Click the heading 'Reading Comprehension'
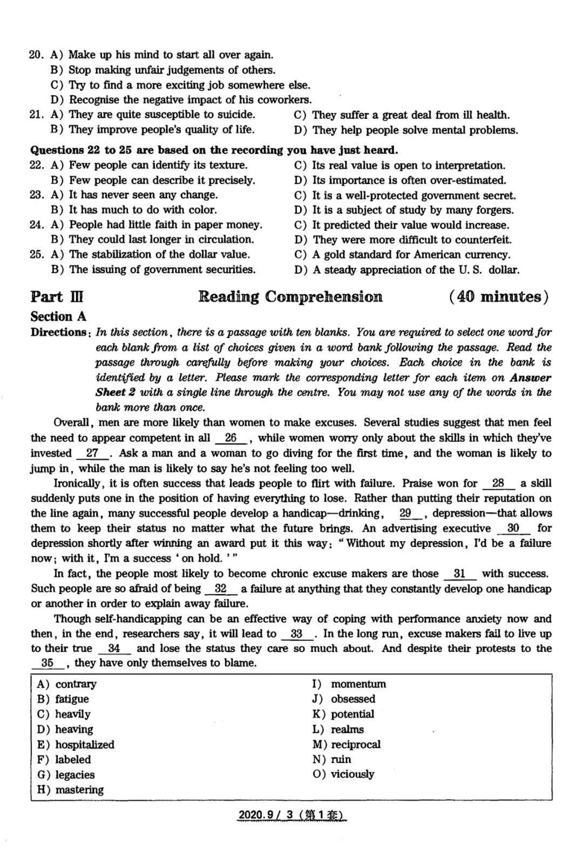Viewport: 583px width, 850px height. pos(290,296)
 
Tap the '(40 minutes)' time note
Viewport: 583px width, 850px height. pos(498,296)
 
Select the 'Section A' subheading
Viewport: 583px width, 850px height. pos(58,316)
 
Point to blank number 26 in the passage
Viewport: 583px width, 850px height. pos(231,438)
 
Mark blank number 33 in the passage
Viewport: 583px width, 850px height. pos(296,634)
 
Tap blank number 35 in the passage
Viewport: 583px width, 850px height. pos(47,663)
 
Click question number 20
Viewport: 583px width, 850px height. pos(36,55)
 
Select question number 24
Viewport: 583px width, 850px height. pos(36,225)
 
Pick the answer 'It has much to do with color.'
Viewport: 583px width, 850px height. pos(143,210)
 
